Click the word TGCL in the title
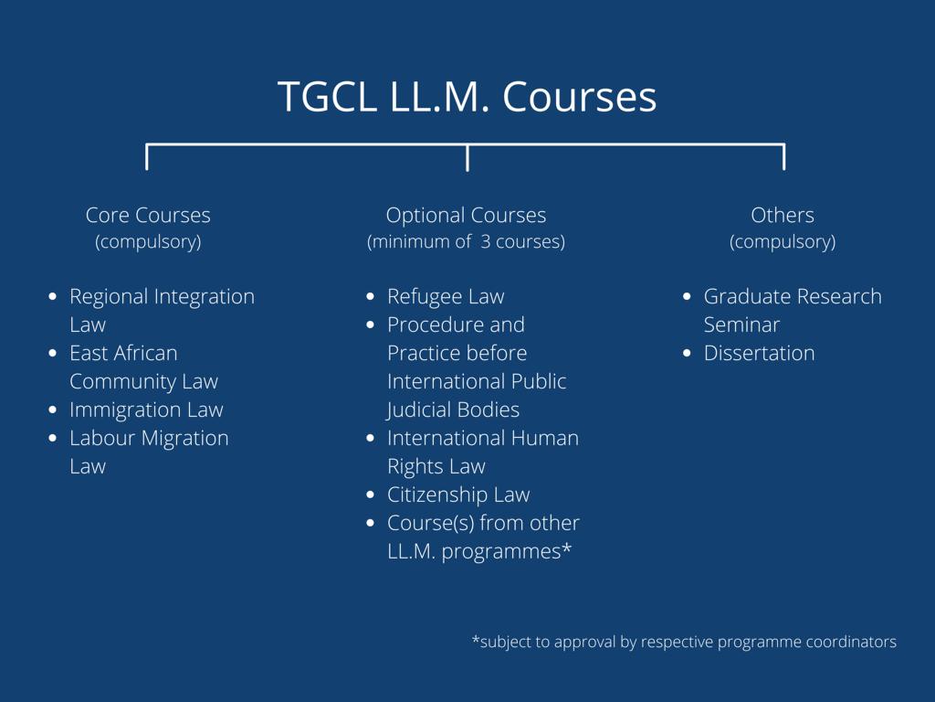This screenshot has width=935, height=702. (x=327, y=97)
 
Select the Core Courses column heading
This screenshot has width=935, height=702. (x=148, y=215)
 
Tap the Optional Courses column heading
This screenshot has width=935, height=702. (x=466, y=216)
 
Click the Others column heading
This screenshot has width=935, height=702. (x=783, y=215)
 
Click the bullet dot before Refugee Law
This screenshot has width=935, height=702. (x=371, y=296)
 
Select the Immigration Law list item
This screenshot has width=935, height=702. (x=146, y=410)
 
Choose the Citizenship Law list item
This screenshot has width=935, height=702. (x=458, y=495)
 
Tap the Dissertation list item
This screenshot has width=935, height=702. (x=759, y=353)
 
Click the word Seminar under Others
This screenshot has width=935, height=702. (x=741, y=324)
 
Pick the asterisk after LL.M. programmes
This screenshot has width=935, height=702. (x=566, y=548)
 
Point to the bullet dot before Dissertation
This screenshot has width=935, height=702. (x=687, y=353)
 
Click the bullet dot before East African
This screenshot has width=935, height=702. (x=52, y=353)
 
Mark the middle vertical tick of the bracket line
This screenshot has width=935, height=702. (x=467, y=157)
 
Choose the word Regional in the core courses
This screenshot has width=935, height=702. (x=110, y=297)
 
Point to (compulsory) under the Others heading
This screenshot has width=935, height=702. (x=783, y=241)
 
